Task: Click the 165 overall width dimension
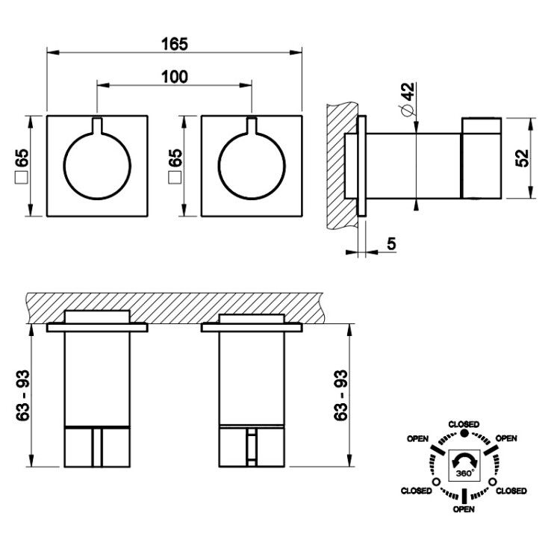[x=174, y=44]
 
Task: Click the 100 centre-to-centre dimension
[x=174, y=77]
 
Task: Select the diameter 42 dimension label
[x=407, y=99]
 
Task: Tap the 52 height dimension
[x=522, y=158]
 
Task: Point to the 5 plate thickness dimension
[x=391, y=243]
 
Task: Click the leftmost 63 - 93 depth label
[x=22, y=395]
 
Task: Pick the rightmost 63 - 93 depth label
[x=340, y=395]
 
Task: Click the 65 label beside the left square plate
[x=22, y=158]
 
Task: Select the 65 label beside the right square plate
[x=175, y=158]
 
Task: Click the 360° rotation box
[x=464, y=464]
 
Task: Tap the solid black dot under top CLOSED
[x=464, y=434]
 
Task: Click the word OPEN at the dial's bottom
[x=464, y=509]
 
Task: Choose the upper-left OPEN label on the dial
[x=418, y=438]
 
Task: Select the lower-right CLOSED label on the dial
[x=511, y=491]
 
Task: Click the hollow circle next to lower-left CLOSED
[x=436, y=482]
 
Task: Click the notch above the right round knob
[x=252, y=125]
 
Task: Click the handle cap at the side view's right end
[x=482, y=158]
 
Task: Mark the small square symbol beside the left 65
[x=22, y=178]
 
